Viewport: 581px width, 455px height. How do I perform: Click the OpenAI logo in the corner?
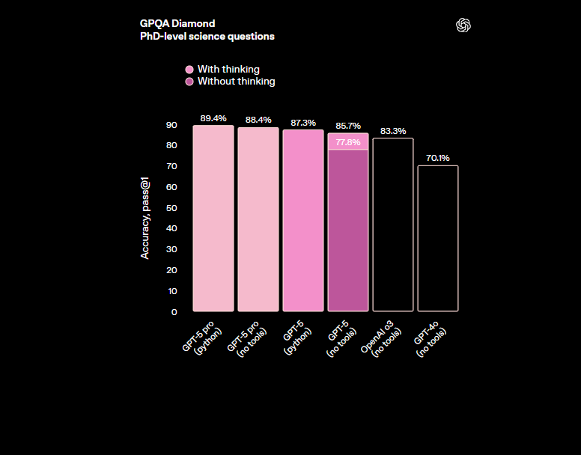pos(463,25)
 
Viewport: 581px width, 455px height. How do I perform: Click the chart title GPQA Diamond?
pos(177,23)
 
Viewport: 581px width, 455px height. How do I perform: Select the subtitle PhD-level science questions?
pos(207,36)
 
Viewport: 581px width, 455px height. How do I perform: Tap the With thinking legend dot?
pos(189,70)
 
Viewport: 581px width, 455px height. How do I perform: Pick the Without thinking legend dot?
pos(189,82)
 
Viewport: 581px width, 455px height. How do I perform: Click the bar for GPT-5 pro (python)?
pos(213,218)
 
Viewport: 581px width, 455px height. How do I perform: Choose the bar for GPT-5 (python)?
pos(303,221)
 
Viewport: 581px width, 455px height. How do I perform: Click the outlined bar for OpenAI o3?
pos(393,225)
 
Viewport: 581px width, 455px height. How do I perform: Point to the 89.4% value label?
pos(213,118)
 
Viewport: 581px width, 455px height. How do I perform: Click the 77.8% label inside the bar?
pos(348,142)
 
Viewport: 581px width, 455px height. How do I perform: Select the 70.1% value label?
pos(438,158)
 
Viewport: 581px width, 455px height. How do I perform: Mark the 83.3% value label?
pos(393,131)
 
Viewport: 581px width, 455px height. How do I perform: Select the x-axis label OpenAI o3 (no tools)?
pos(382,340)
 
